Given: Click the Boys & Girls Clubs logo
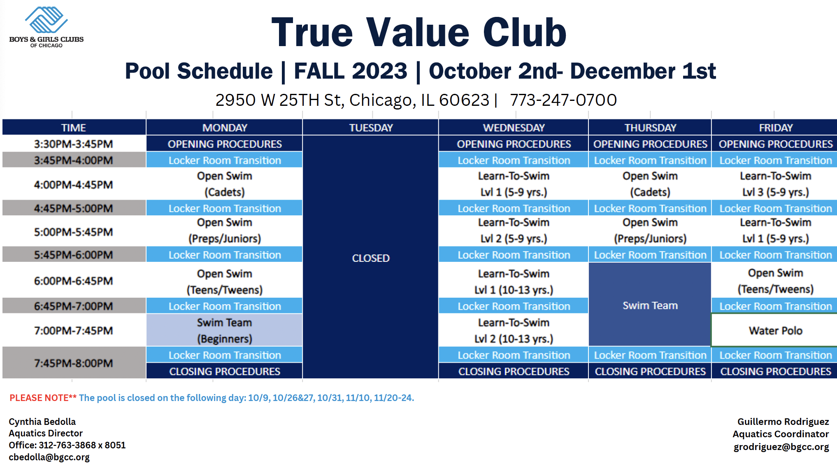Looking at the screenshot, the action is (x=46, y=27).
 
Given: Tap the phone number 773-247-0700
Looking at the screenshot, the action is (x=563, y=100).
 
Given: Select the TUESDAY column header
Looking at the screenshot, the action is (x=371, y=128).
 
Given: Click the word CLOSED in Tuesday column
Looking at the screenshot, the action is (x=371, y=258).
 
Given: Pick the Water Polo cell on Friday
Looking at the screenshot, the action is (x=775, y=331).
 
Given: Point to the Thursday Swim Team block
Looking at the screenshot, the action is (x=650, y=305).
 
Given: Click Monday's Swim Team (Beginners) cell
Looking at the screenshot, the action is (x=224, y=330).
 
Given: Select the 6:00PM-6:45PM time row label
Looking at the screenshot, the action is (x=73, y=281).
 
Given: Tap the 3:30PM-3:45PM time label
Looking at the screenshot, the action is (x=73, y=144).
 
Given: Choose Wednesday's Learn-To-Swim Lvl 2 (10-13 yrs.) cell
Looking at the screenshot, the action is (x=514, y=331).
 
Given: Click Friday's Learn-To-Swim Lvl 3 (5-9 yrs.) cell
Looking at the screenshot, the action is (x=775, y=184).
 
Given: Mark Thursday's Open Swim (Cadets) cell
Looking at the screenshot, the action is (x=650, y=184).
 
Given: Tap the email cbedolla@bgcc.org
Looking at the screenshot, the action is (x=49, y=457).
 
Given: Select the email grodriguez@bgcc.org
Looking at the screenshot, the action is (x=781, y=447).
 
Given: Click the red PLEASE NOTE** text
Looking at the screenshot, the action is (x=43, y=398).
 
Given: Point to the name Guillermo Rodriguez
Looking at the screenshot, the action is (x=783, y=422).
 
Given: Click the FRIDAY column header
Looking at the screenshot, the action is (x=775, y=128).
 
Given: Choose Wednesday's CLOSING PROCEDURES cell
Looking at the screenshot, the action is (x=514, y=371).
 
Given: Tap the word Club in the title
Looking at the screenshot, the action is (x=525, y=33).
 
